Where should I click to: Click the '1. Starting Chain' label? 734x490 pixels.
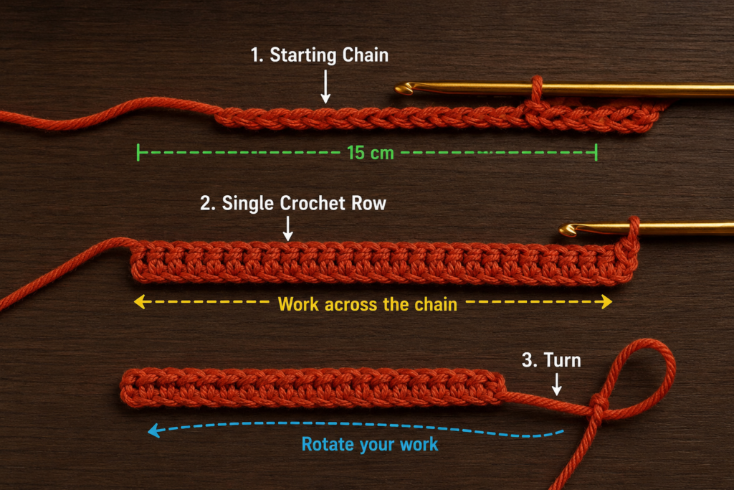point(319,55)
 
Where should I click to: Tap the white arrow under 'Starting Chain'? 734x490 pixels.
point(325,87)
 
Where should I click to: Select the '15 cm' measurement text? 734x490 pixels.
point(371,153)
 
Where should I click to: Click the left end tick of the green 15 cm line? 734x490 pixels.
point(138,153)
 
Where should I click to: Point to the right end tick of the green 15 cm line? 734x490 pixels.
point(596,153)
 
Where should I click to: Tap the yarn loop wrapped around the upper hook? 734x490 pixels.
point(536,91)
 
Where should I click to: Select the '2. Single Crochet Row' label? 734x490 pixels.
point(293,203)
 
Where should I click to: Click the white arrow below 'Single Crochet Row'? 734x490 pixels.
point(288,229)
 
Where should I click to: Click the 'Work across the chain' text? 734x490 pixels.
point(368,304)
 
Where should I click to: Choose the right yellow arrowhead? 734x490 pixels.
point(606,302)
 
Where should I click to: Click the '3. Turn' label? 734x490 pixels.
point(551,360)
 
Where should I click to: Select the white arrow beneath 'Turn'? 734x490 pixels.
point(556,384)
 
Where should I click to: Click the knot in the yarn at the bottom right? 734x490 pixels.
point(599,404)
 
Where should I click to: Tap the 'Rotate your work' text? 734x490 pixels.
point(370,444)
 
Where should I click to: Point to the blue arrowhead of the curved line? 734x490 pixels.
point(154,430)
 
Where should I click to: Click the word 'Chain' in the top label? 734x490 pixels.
point(365,55)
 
